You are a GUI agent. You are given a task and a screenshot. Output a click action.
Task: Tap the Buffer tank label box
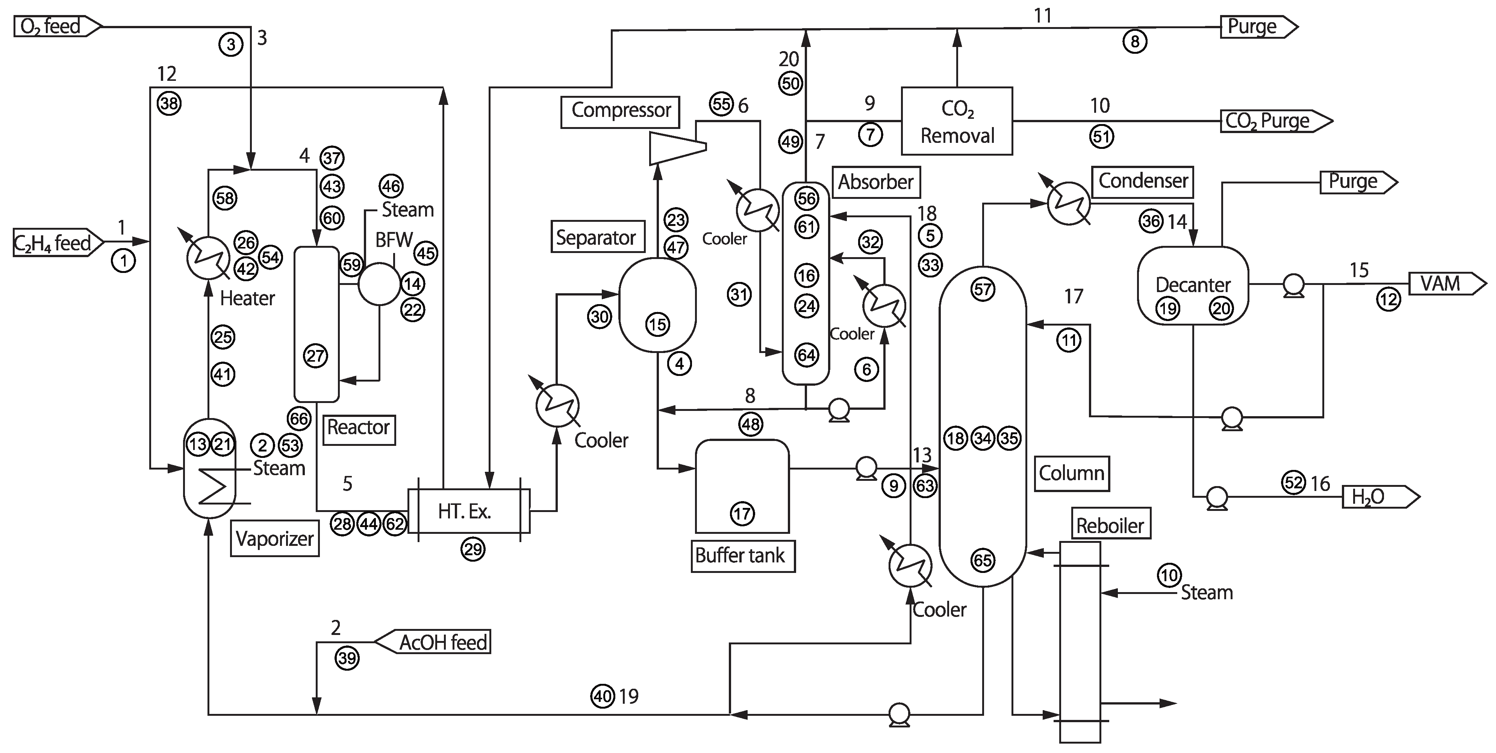pyautogui.click(x=742, y=556)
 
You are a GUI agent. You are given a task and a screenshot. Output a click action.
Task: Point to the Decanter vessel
pyautogui.click(x=1192, y=285)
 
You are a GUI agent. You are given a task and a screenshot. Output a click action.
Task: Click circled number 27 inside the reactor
pyautogui.click(x=316, y=356)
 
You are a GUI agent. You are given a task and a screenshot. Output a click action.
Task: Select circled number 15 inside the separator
pyautogui.click(x=657, y=324)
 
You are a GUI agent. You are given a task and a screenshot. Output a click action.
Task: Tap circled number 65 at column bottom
pyautogui.click(x=983, y=560)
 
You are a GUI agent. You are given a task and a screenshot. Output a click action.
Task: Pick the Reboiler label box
pyautogui.click(x=1110, y=525)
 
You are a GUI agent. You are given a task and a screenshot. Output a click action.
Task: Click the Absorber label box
pyautogui.click(x=876, y=182)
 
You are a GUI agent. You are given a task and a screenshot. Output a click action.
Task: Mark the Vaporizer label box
pyautogui.click(x=275, y=539)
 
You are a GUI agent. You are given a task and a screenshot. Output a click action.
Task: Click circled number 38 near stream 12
pyautogui.click(x=169, y=103)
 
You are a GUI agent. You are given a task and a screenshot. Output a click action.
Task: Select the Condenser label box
pyautogui.click(x=1142, y=181)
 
